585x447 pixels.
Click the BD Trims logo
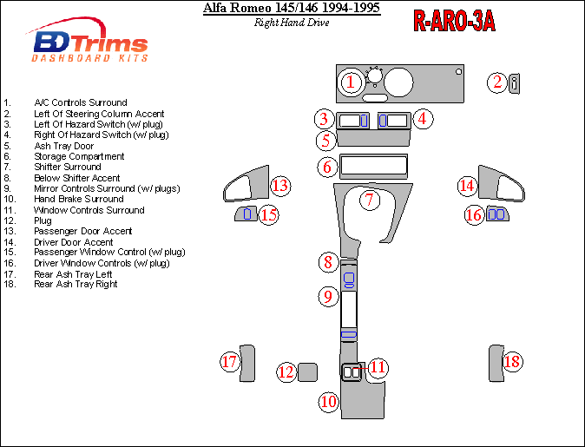tap(90, 43)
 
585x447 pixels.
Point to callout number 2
tap(496, 82)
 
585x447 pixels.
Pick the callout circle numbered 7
tap(369, 200)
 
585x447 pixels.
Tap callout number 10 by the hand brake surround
tap(328, 401)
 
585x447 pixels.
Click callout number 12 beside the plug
tap(286, 372)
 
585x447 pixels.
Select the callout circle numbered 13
tap(279, 186)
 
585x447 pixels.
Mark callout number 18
tap(512, 362)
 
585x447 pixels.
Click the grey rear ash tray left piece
tap(248, 363)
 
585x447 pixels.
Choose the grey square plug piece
tap(307, 372)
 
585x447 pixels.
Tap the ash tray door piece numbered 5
tap(371, 139)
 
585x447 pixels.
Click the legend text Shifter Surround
tap(68, 167)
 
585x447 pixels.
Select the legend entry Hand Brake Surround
tap(79, 199)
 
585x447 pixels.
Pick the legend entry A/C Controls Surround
tap(81, 102)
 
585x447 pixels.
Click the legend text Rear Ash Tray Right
tap(76, 285)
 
